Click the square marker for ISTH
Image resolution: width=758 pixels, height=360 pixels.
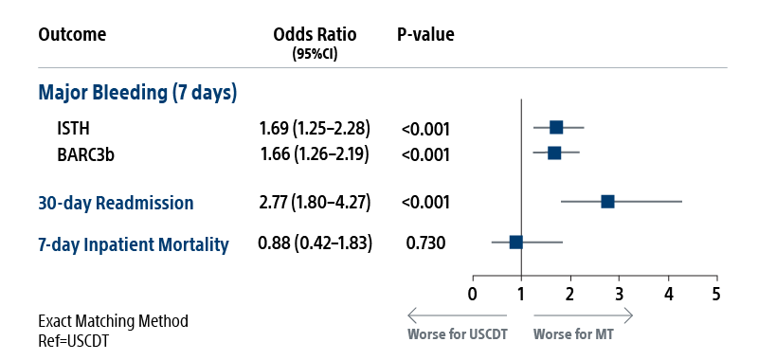click(x=556, y=128)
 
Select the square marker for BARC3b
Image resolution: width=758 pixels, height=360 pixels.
click(x=554, y=153)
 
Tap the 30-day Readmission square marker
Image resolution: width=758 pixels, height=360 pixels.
click(x=608, y=202)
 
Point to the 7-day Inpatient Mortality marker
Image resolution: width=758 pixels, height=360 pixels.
click(x=516, y=243)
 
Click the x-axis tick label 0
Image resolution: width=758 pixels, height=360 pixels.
click(x=473, y=293)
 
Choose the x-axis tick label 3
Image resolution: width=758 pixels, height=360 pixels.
click(x=619, y=293)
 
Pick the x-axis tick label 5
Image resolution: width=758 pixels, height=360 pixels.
click(x=716, y=293)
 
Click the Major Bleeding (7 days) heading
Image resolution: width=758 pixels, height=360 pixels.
click(x=137, y=93)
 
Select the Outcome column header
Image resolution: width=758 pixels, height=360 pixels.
click(x=72, y=35)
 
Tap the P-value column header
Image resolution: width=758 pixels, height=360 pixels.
click(x=425, y=35)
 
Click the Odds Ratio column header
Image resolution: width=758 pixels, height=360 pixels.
click(x=315, y=35)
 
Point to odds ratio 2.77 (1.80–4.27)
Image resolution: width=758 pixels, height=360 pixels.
click(x=315, y=203)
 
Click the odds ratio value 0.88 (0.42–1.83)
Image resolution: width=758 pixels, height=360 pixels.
click(x=315, y=243)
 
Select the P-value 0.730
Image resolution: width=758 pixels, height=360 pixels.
click(x=425, y=243)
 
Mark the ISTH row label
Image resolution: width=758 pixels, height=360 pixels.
click(x=73, y=128)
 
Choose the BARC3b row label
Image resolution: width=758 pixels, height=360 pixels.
click(x=82, y=153)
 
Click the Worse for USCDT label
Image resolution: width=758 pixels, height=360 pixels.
click(x=457, y=334)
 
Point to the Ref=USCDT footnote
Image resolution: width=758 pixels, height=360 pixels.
click(x=73, y=340)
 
